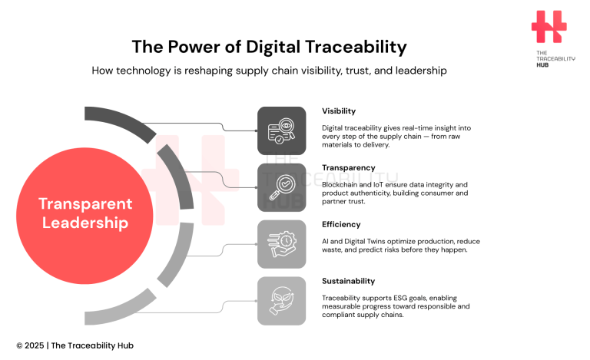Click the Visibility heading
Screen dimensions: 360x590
339,111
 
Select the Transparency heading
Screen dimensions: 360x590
349,167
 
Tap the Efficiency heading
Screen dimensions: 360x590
341,225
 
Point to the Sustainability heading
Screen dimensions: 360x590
349,281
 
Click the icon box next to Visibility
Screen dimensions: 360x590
281,130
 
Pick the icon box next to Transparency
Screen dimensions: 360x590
281,187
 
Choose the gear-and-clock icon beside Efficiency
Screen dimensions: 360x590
281,243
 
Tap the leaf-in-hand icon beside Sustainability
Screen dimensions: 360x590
281,300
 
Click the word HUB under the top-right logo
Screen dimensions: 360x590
543,65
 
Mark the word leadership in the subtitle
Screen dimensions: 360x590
419,71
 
